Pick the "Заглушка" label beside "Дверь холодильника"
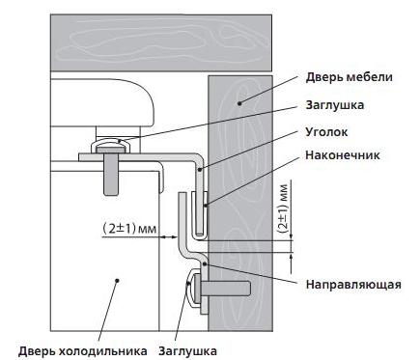click(x=186, y=350)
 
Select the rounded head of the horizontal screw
click(x=192, y=288)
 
